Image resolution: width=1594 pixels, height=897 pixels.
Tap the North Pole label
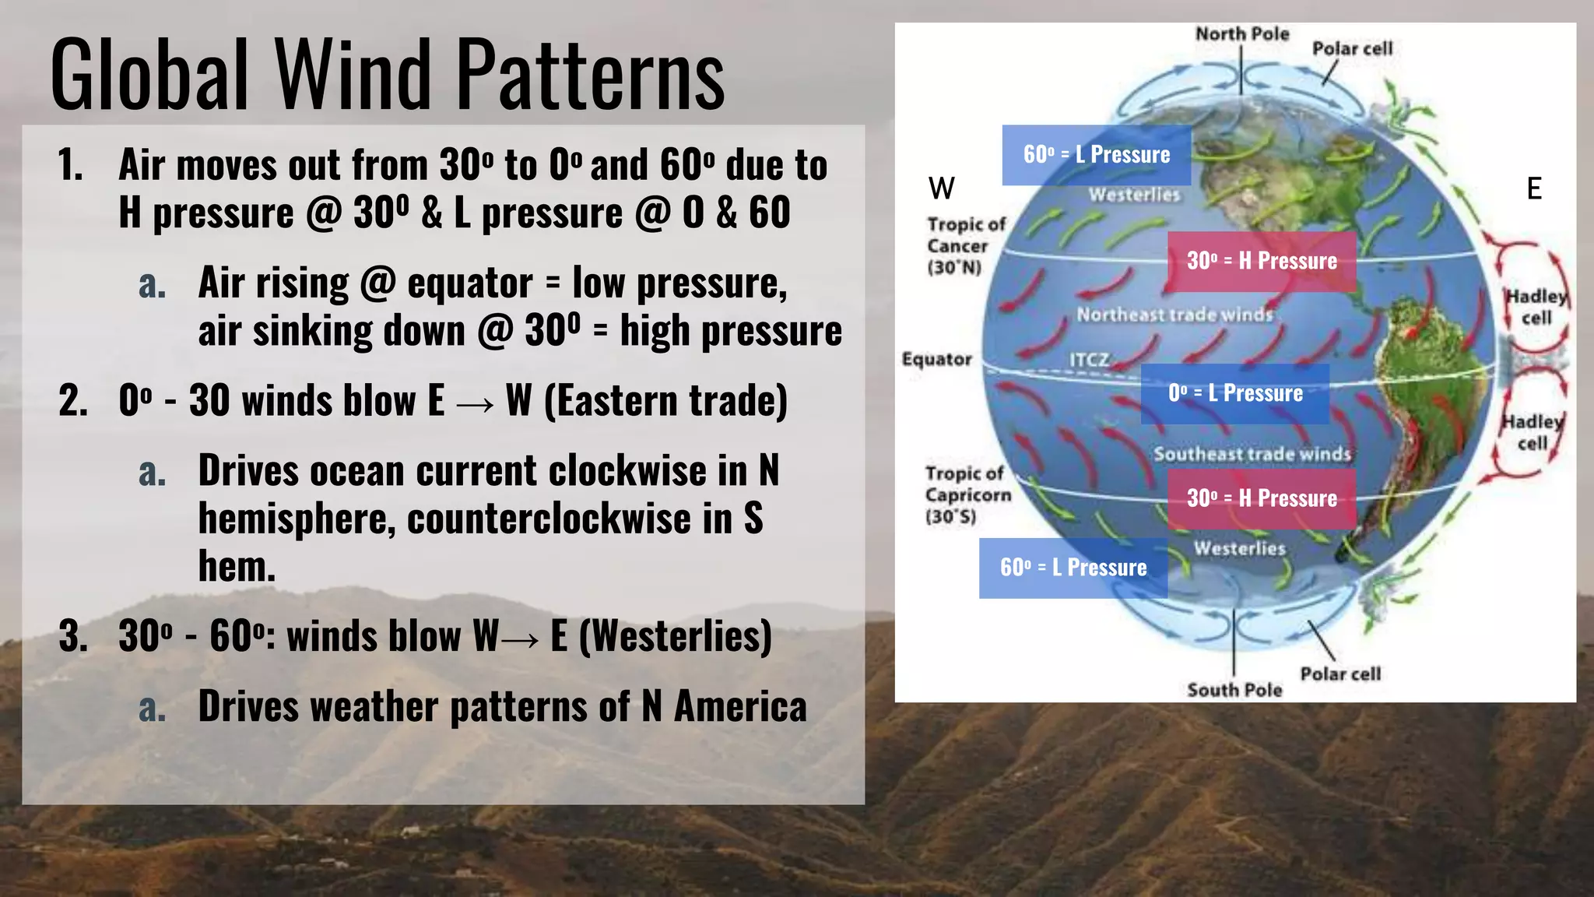pyautogui.click(x=1242, y=34)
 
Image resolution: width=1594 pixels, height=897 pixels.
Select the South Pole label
pyautogui.click(x=1234, y=690)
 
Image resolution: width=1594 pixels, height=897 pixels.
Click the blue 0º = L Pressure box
pyautogui.click(x=1235, y=394)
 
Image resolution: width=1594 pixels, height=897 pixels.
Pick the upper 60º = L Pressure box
pyautogui.click(x=1096, y=155)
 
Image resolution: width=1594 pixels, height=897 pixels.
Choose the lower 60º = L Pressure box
pyautogui.click(x=1073, y=568)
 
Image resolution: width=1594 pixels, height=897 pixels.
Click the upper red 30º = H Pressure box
pyautogui.click(x=1261, y=261)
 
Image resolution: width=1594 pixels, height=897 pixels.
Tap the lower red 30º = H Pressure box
pyautogui.click(x=1261, y=498)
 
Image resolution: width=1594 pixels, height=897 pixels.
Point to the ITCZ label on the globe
pyautogui.click(x=1088, y=360)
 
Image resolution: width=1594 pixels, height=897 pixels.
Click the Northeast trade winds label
pyautogui.click(x=1174, y=315)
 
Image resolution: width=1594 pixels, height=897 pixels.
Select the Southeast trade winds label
pyautogui.click(x=1252, y=454)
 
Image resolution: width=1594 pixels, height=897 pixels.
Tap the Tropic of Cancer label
pyautogui.click(x=965, y=246)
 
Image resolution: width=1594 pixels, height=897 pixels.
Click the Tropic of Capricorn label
pyautogui.click(x=967, y=495)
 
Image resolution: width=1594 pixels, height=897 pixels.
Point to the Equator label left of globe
pyautogui.click(x=936, y=360)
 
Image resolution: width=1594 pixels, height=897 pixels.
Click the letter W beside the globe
pyautogui.click(x=941, y=188)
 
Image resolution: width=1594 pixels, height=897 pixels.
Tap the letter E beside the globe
pyautogui.click(x=1533, y=188)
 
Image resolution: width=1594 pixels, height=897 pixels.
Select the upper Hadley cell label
pyautogui.click(x=1536, y=307)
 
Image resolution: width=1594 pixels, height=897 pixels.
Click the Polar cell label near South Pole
pyautogui.click(x=1340, y=674)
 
